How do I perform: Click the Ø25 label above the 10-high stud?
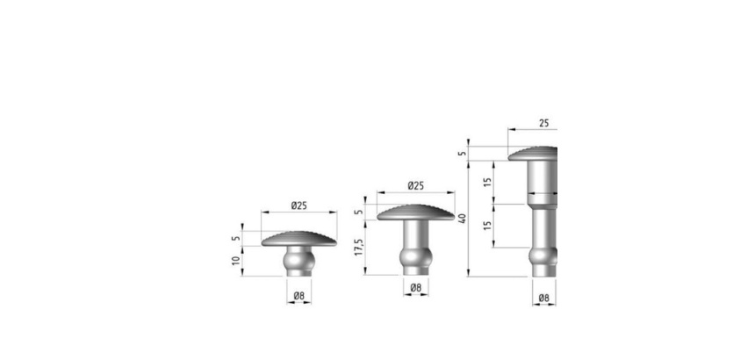(x=298, y=205)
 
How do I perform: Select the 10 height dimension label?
(x=235, y=261)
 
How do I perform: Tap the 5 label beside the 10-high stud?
(x=235, y=238)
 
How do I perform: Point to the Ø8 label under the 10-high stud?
(x=299, y=296)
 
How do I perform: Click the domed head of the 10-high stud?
(x=299, y=239)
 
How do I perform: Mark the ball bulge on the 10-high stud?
(x=299, y=261)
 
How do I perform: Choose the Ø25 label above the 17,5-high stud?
(x=415, y=185)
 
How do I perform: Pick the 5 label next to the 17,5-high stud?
(x=358, y=212)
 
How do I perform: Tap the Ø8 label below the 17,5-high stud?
(x=416, y=288)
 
